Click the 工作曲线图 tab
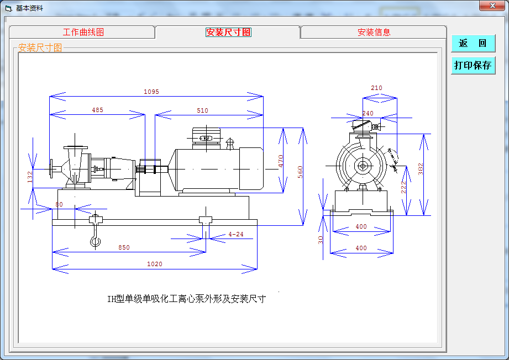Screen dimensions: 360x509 [x=83, y=32]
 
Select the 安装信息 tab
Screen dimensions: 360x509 [x=374, y=32]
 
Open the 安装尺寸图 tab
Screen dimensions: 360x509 [x=228, y=32]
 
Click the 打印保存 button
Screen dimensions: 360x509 [x=473, y=65]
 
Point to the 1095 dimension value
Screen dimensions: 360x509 [x=151, y=92]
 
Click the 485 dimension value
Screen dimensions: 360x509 [x=97, y=110]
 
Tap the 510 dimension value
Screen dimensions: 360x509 [x=203, y=110]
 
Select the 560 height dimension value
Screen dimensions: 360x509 [x=300, y=172]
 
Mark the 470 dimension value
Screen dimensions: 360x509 [x=281, y=161]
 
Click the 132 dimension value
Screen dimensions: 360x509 [x=30, y=177]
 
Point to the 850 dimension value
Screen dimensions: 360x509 [x=124, y=247]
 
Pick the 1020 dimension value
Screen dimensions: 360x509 [x=155, y=264]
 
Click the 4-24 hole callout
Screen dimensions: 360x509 [x=236, y=234]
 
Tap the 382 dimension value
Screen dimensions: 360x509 [x=421, y=169]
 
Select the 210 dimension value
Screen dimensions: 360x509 [x=376, y=88]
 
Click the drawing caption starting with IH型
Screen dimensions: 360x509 [x=186, y=299]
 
